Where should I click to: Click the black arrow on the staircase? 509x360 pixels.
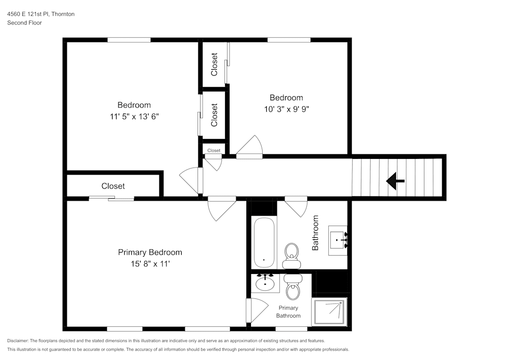[x=395, y=181]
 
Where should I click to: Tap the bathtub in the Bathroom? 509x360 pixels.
[x=264, y=242]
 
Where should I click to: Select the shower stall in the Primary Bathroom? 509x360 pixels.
[x=329, y=311]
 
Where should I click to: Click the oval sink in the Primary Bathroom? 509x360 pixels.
[x=265, y=283]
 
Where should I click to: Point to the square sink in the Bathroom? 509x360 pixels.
[x=337, y=239]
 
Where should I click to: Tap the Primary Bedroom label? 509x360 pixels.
[x=150, y=253]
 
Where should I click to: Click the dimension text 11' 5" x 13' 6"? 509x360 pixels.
[x=134, y=116]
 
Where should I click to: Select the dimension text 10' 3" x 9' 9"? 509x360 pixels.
[x=286, y=108]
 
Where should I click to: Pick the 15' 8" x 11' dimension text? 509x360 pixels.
[x=150, y=264]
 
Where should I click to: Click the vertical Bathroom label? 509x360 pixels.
[x=315, y=233]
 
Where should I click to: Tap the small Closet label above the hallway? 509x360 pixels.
[x=214, y=150]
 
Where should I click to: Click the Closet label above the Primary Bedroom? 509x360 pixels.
[x=113, y=186]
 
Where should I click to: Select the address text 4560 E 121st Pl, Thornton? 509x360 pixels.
[x=41, y=14]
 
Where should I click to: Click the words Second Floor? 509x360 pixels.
[x=24, y=23]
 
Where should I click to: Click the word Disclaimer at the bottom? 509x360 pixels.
[x=18, y=341]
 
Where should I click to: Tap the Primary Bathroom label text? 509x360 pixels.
[x=288, y=312]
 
